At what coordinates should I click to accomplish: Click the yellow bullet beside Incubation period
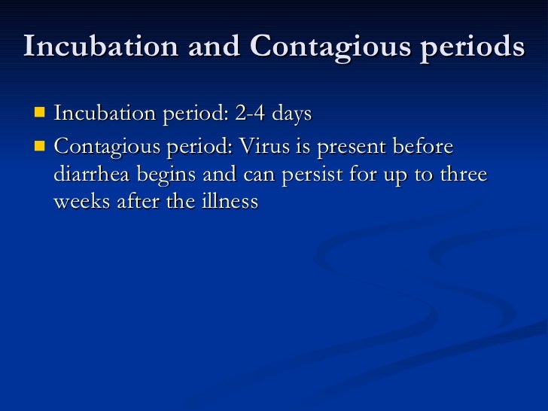tap(39, 114)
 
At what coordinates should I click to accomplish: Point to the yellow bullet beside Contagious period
tap(39, 145)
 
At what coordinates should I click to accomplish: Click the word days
tap(291, 114)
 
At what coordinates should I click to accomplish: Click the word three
tap(463, 175)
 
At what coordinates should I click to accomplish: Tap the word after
tap(141, 202)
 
